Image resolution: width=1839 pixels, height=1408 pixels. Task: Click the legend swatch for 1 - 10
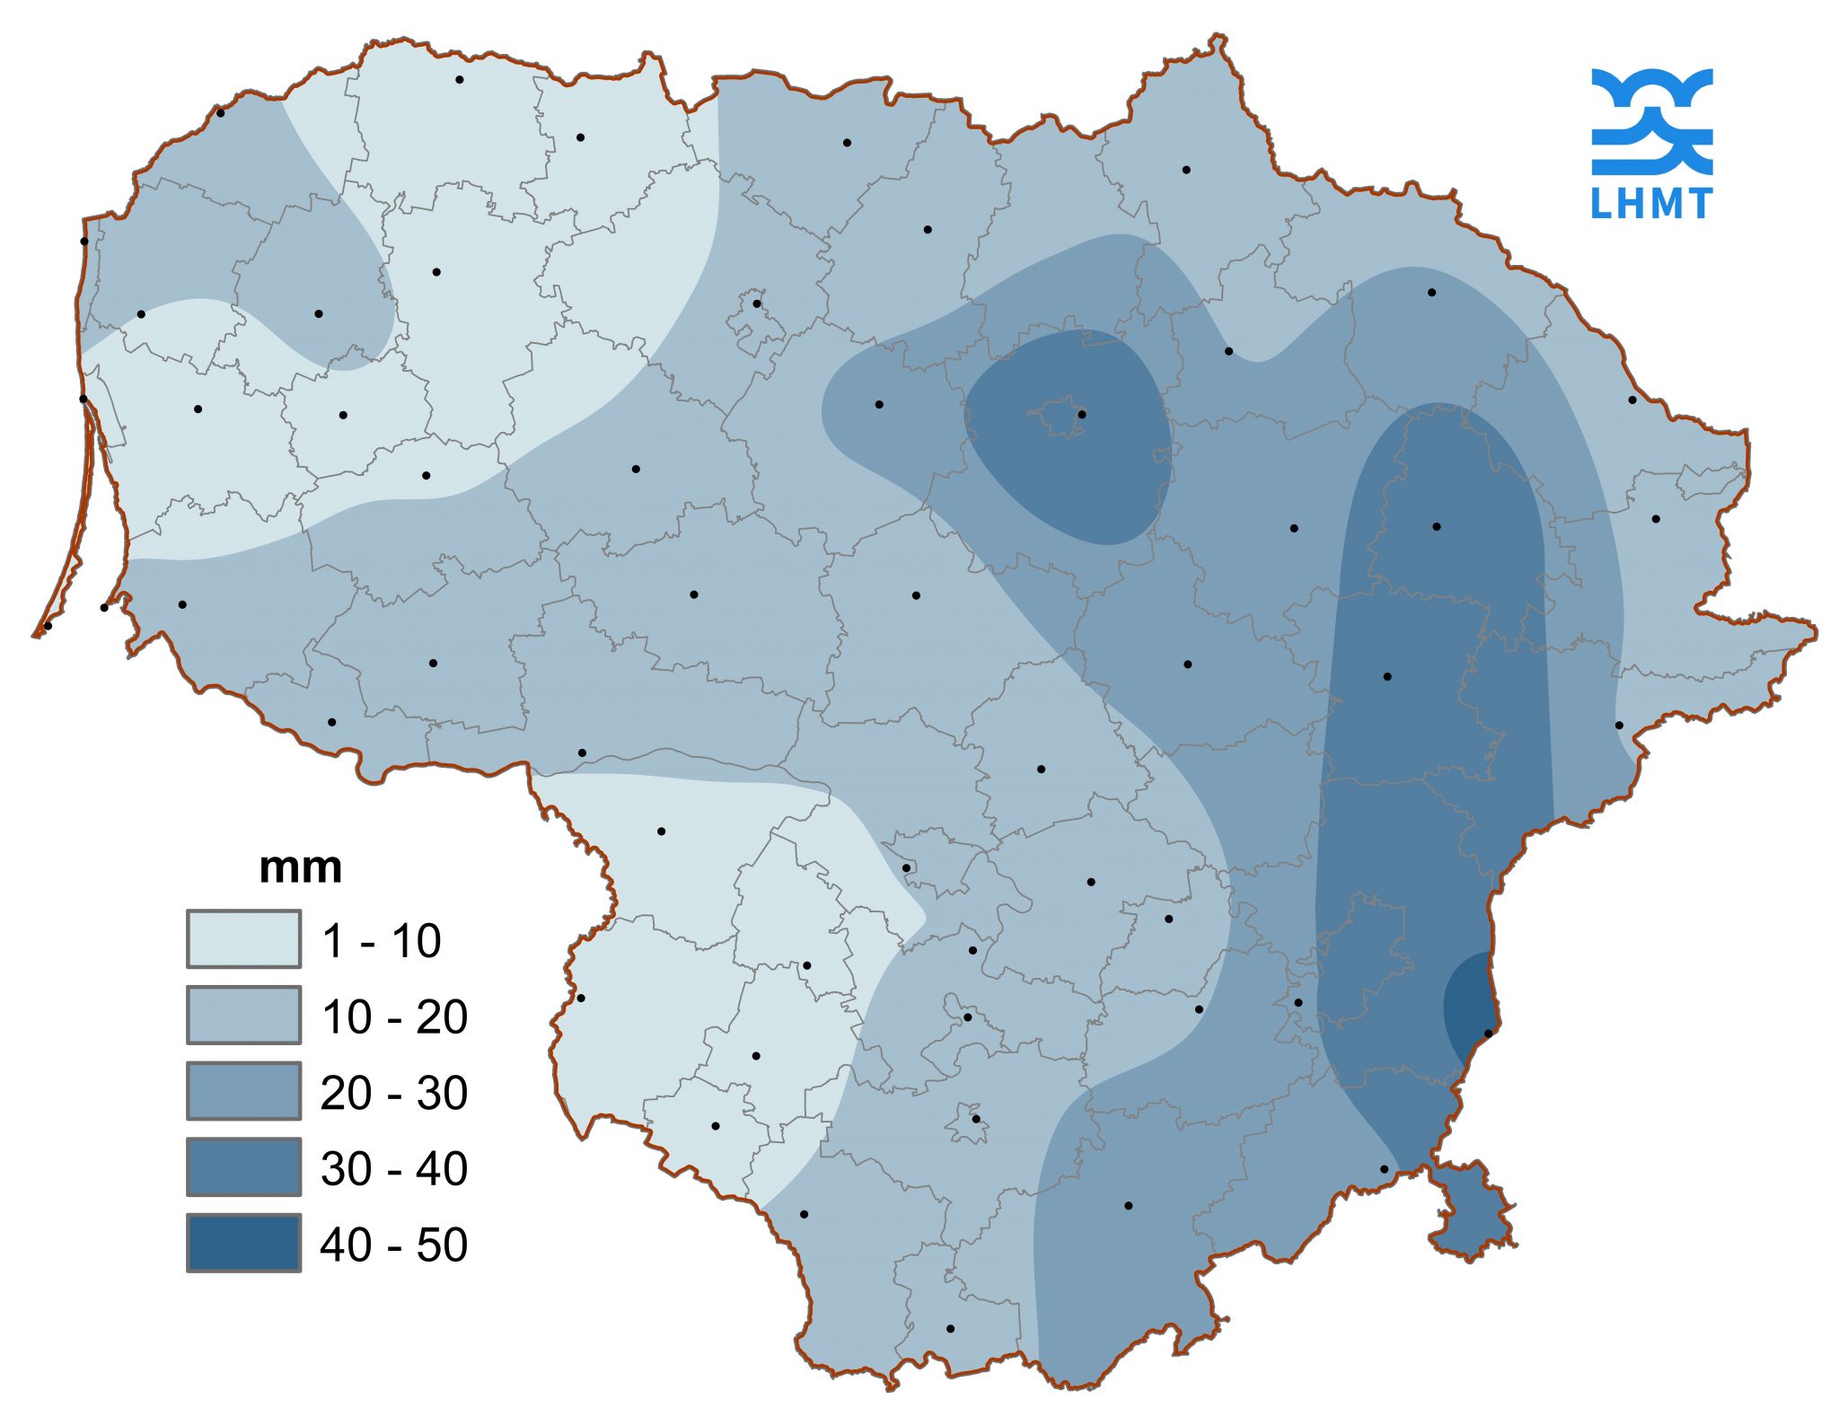pyautogui.click(x=243, y=939)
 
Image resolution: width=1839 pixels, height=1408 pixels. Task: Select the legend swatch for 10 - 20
pyautogui.click(x=243, y=1015)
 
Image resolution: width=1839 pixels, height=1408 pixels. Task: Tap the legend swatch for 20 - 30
pyautogui.click(x=243, y=1091)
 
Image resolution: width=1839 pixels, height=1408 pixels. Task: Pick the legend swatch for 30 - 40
pyautogui.click(x=243, y=1166)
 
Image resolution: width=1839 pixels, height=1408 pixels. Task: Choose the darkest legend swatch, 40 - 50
pyautogui.click(x=243, y=1243)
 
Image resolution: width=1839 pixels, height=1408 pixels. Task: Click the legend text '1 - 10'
pyautogui.click(x=381, y=941)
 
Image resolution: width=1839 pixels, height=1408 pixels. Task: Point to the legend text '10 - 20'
pyautogui.click(x=393, y=1016)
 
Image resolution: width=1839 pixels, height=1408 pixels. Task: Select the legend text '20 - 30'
pyautogui.click(x=393, y=1093)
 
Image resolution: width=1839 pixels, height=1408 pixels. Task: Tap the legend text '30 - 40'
pyautogui.click(x=393, y=1168)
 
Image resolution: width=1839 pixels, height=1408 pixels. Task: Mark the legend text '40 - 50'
pyautogui.click(x=393, y=1245)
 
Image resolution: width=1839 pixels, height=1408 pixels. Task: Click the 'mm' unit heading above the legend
pyautogui.click(x=300, y=868)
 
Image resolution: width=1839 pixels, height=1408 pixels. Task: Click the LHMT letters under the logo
pyautogui.click(x=1651, y=204)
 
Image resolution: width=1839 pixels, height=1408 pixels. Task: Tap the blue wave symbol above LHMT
pyautogui.click(x=1651, y=121)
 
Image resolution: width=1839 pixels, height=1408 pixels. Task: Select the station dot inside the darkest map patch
pyautogui.click(x=1488, y=1034)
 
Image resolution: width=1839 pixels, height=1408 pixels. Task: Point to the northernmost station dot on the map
pyautogui.click(x=460, y=79)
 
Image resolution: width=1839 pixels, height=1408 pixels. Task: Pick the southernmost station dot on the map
pyautogui.click(x=950, y=1328)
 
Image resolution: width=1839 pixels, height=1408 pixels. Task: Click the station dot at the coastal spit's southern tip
pyautogui.click(x=48, y=626)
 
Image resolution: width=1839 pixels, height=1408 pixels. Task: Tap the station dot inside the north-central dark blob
pyautogui.click(x=1082, y=414)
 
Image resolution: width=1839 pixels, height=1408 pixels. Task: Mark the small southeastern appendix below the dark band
pyautogui.click(x=1474, y=1212)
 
